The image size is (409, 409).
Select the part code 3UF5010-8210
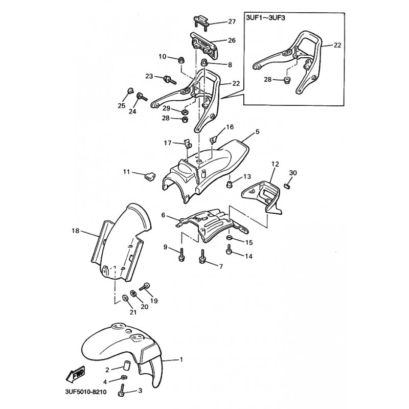tap(86, 392)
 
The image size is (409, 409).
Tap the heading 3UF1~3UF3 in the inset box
tap(265, 18)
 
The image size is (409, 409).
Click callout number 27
tap(232, 21)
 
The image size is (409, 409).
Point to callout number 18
tap(75, 231)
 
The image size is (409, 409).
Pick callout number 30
tap(293, 173)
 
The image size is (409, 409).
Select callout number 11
tap(126, 172)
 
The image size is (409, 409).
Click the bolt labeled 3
tap(122, 390)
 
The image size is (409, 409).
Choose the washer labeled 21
tap(125, 298)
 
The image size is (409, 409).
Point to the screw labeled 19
tap(144, 287)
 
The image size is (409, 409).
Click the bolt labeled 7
tap(202, 257)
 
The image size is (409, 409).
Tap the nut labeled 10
tap(180, 61)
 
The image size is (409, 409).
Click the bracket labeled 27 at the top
tap(201, 22)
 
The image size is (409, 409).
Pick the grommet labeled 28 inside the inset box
tap(287, 80)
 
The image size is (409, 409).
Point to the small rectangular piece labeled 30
tap(287, 186)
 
